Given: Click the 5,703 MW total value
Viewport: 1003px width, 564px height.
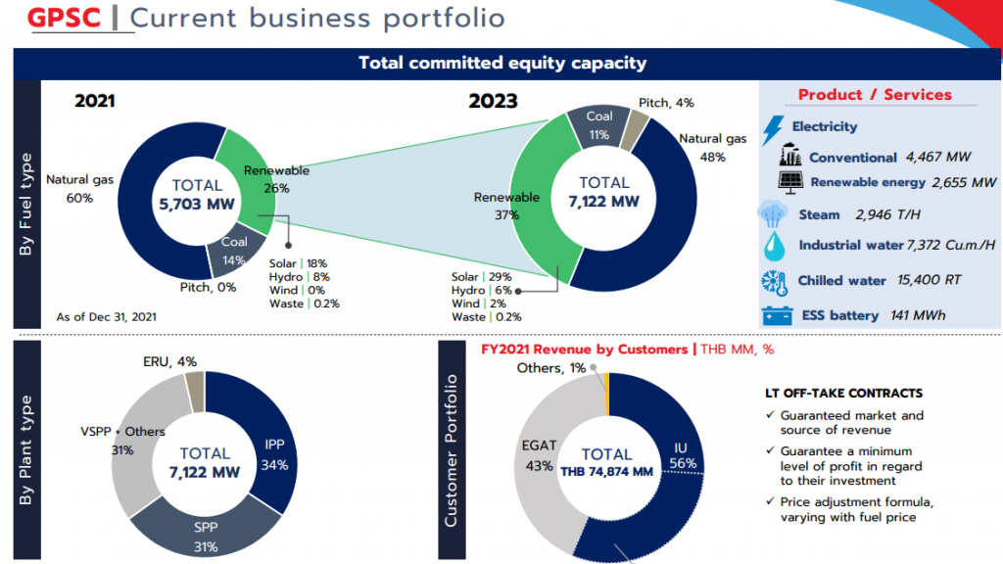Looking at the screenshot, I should [197, 205].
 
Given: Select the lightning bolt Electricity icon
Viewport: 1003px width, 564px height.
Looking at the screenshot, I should [773, 128].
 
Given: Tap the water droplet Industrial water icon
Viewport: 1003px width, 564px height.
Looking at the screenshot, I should [774, 246].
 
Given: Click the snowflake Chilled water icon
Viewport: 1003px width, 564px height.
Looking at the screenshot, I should [774, 281].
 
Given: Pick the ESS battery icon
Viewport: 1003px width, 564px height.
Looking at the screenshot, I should [778, 316].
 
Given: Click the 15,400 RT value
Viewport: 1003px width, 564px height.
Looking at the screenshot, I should [929, 280].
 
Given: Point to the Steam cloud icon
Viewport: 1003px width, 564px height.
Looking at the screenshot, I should [773, 214].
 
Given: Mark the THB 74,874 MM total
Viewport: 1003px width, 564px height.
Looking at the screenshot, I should [606, 472].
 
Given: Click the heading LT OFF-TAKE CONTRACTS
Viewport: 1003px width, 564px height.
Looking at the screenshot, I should [843, 393].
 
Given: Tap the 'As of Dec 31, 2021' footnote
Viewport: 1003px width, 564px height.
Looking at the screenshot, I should [106, 316].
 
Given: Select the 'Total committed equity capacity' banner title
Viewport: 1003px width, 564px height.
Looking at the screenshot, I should [501, 63].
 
